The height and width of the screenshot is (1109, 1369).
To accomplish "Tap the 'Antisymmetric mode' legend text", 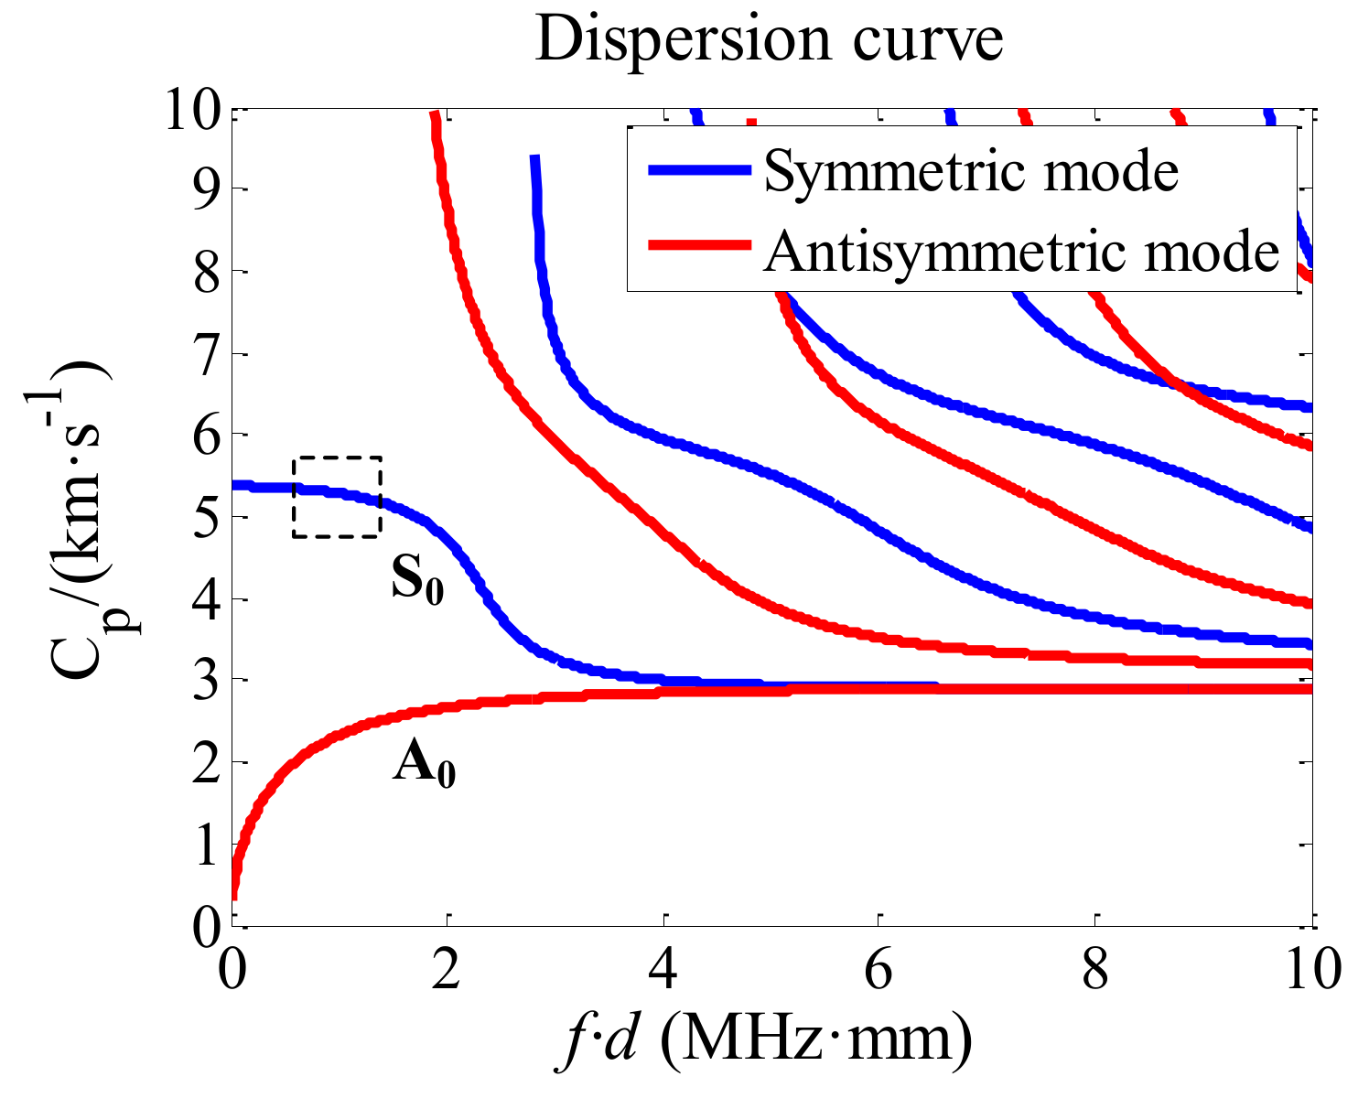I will click(1021, 249).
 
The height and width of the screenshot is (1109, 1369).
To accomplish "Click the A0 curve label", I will click(424, 765).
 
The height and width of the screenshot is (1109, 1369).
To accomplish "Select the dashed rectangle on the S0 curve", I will click(337, 496).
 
